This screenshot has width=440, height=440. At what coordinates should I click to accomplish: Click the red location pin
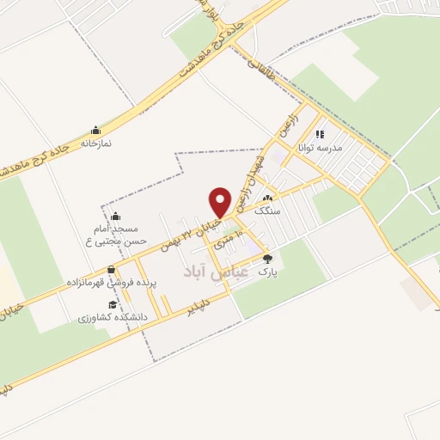tap(221, 202)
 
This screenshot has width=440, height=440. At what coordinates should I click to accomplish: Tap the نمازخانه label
tap(97, 144)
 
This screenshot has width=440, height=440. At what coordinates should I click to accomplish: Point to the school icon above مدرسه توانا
tap(320, 134)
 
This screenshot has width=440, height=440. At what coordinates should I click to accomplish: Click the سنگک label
tap(267, 209)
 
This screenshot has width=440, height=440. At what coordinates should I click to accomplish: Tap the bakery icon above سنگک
tap(267, 198)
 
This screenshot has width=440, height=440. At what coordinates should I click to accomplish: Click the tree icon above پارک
tap(267, 258)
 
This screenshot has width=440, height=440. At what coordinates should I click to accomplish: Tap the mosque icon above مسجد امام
tap(116, 216)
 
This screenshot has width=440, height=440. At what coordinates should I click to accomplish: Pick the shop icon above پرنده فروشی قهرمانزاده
tap(111, 270)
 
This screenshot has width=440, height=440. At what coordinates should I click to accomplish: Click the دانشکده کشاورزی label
tap(113, 316)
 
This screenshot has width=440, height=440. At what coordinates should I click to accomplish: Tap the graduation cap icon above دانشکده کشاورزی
tap(112, 304)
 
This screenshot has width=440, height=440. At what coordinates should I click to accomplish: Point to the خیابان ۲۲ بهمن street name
tap(190, 234)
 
